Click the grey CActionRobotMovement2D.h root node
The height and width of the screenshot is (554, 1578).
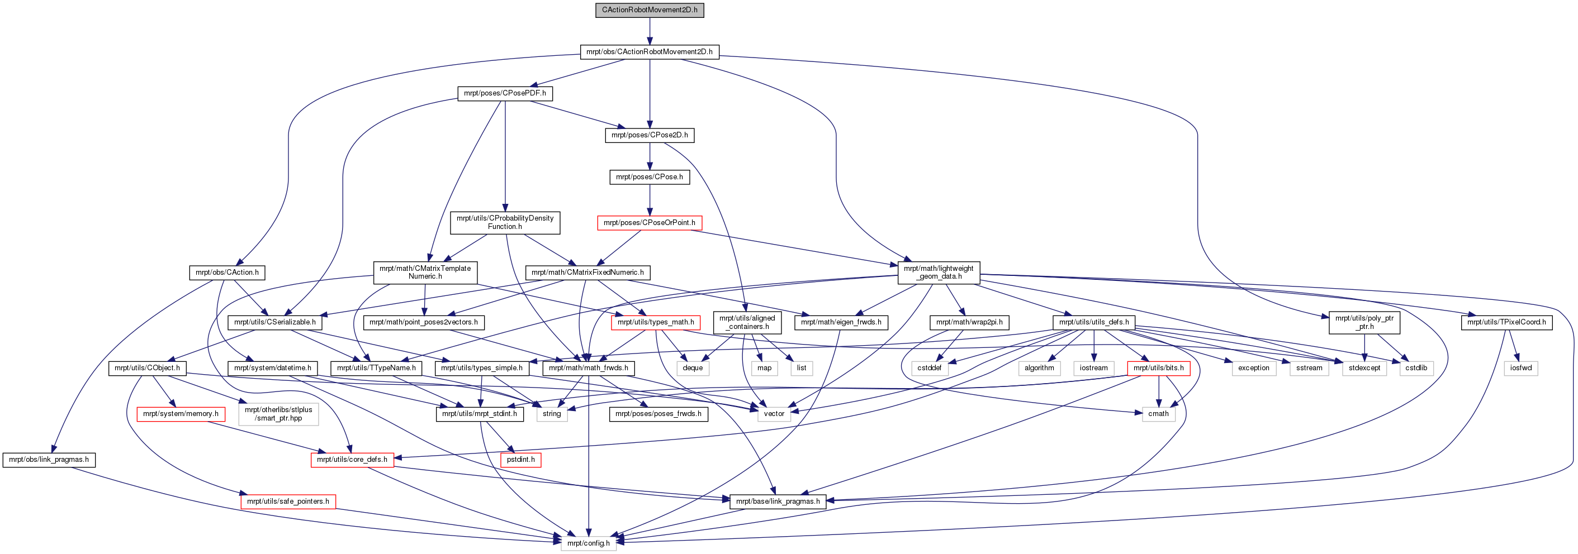[650, 10]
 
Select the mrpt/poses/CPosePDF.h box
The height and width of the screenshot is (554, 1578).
[505, 93]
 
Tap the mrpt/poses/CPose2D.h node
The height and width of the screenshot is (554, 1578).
[650, 135]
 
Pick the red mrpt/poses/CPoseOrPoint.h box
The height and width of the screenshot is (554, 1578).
[650, 222]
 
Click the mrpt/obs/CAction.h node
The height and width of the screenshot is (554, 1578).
[226, 272]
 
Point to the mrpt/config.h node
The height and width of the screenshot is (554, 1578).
[588, 543]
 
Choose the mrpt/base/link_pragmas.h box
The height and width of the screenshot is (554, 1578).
[778, 501]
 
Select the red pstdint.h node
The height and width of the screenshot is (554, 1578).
[521, 459]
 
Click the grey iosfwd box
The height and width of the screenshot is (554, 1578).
[1520, 367]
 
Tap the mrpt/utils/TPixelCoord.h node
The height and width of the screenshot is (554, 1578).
[1506, 322]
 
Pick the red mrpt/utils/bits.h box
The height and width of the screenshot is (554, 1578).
[1158, 367]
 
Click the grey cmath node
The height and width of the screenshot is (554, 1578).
[1158, 413]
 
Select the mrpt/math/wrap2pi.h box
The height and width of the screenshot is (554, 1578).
[969, 322]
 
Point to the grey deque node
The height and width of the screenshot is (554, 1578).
[692, 367]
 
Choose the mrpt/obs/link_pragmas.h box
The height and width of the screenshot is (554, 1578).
[49, 459]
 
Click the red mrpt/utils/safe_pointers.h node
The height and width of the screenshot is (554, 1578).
[288, 501]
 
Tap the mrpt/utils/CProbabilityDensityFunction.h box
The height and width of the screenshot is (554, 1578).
[505, 222]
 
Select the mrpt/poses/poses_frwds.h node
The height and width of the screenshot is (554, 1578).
[658, 413]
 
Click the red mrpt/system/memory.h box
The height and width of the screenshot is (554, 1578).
[181, 413]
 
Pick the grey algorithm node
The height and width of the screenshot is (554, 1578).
[1040, 367]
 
